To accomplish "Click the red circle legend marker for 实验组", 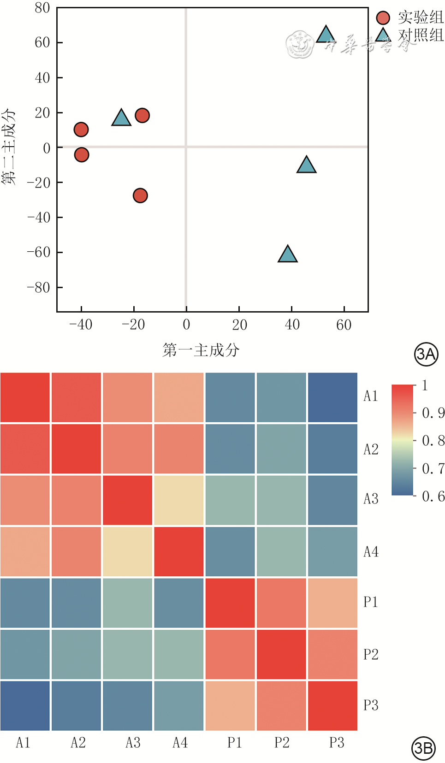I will (383, 18).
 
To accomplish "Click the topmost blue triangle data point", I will (326, 35).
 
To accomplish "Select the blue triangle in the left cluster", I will (121, 118).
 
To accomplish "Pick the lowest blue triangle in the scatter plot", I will (287, 254).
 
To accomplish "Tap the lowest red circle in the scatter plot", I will (140, 195).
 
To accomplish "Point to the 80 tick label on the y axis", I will (42, 8).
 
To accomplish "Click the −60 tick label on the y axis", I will (39, 252).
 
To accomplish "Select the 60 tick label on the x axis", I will (344, 325).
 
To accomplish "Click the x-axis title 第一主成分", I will (201, 350).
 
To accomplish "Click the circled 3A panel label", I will (426, 354).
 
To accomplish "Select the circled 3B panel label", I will (423, 748).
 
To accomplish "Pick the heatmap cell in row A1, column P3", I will (332, 397).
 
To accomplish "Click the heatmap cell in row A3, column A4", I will (179, 500).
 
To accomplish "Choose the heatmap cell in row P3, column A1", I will (25, 706).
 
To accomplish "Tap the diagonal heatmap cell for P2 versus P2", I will (281, 655).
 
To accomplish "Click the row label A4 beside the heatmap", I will (371, 552).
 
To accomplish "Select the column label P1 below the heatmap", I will (235, 743).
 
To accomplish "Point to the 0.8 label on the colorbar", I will (433, 441).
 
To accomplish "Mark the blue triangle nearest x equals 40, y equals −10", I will (306, 165).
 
